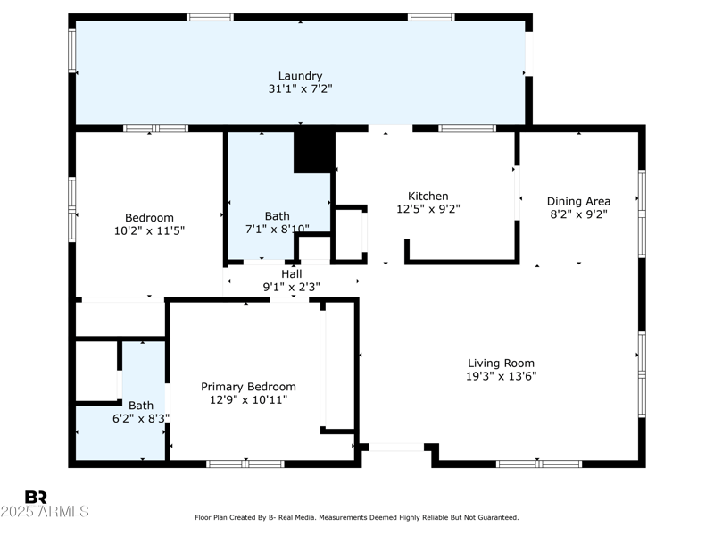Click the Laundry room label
(x=300, y=76)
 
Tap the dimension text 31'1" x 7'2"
(x=300, y=89)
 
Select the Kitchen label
(x=428, y=197)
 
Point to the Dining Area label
(x=578, y=201)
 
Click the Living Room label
(x=501, y=363)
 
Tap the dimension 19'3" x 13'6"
(x=501, y=376)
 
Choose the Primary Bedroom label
(x=248, y=387)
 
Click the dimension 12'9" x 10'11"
(x=248, y=400)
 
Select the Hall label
(x=291, y=273)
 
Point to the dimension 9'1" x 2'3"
(x=291, y=287)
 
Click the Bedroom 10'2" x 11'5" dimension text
(x=149, y=230)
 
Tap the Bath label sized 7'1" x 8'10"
(x=277, y=216)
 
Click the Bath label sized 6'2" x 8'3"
(x=140, y=405)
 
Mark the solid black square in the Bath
(x=312, y=152)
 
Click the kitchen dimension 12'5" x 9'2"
(x=428, y=210)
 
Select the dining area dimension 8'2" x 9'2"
(x=578, y=214)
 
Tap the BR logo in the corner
(x=36, y=497)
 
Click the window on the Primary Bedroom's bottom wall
(x=245, y=464)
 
